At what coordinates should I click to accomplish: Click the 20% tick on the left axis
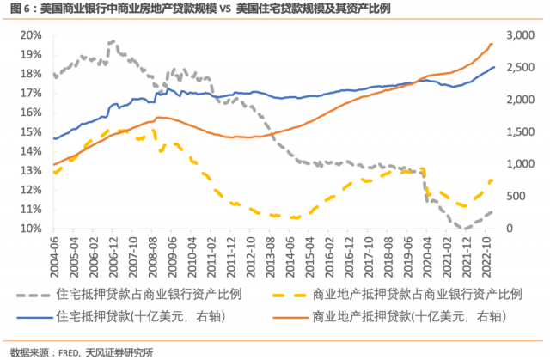coord(33,34)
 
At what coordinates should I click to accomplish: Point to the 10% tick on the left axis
coord(33,229)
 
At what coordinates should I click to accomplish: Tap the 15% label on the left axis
coord(33,131)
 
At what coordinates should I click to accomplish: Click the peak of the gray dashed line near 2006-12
coord(111,41)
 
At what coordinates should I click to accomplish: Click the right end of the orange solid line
coord(492,43)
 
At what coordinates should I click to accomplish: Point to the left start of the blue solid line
coord(54,138)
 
